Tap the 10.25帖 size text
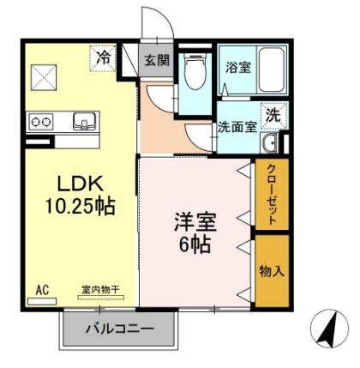82,206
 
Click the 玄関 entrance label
156,60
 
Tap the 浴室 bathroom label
237,67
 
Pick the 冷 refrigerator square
103,59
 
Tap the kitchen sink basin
84,120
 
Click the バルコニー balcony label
119,329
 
